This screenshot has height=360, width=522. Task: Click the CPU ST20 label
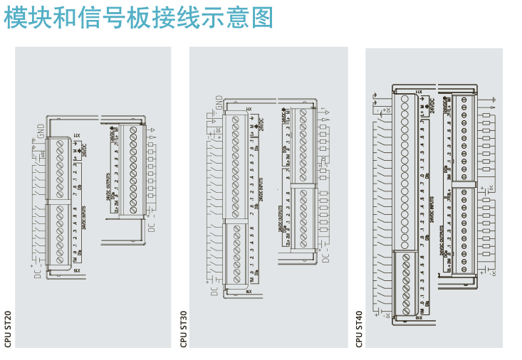click(x=8, y=329)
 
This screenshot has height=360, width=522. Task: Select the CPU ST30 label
click(x=184, y=329)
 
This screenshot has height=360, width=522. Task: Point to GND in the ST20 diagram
click(x=41, y=132)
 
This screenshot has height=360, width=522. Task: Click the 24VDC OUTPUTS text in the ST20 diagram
click(x=108, y=187)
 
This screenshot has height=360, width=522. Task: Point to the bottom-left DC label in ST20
click(x=38, y=271)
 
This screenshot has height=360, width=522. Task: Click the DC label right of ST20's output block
click(x=151, y=227)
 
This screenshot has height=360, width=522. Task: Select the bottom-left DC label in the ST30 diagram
click(x=214, y=287)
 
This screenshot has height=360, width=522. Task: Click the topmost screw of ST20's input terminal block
click(x=60, y=143)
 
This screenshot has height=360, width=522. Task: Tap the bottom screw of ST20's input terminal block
click(x=60, y=260)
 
